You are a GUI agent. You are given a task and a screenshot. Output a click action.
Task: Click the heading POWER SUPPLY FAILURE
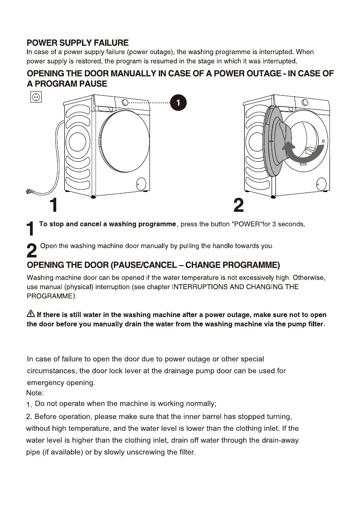(77, 43)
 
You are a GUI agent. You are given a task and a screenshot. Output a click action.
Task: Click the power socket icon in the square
(36, 97)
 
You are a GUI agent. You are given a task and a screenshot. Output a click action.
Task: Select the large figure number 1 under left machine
(53, 206)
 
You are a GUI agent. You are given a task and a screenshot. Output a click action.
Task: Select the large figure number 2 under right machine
(239, 206)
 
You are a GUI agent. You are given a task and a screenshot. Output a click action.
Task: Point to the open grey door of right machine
(275, 142)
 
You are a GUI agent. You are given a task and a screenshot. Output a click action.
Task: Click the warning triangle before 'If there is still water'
(31, 314)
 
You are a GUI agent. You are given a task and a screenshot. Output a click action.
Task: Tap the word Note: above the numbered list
(35, 393)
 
